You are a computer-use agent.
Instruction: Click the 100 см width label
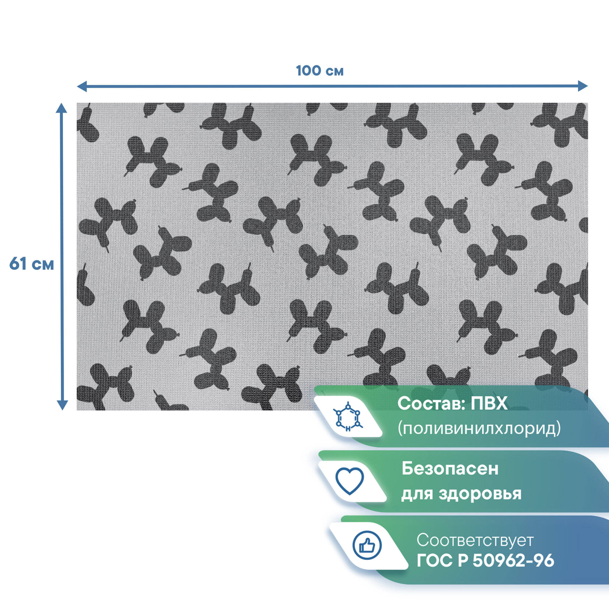tap(320, 71)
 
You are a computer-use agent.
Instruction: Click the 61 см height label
tap(32, 264)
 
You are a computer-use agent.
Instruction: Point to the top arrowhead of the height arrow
tap(62, 108)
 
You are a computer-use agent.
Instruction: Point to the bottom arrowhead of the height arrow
tap(62, 405)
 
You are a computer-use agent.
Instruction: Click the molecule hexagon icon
tap(348, 417)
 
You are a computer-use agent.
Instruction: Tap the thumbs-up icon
tap(367, 545)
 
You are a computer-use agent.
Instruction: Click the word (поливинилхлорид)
tap(479, 428)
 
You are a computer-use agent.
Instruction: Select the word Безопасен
tap(450, 469)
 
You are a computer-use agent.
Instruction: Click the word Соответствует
tap(475, 540)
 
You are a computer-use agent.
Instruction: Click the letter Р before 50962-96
tap(463, 561)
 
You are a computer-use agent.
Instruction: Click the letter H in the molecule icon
tap(348, 429)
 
